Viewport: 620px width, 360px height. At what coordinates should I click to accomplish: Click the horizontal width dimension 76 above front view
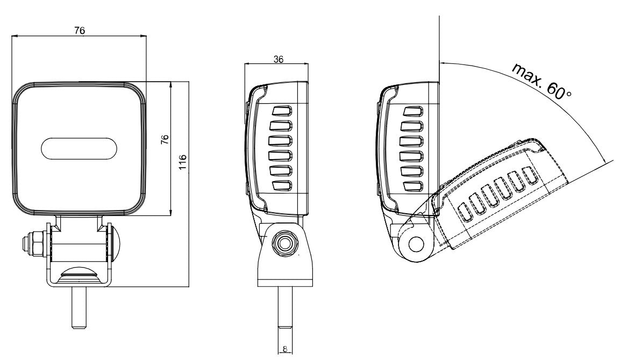point(79,31)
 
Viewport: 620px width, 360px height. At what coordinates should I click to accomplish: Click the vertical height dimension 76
point(166,140)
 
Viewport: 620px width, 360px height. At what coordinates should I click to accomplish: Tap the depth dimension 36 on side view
point(278,59)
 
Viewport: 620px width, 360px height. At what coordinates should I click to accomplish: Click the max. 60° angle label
point(541,81)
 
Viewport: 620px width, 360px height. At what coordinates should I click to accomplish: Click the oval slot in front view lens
point(79,149)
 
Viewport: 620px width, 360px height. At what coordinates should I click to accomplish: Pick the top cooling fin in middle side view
point(282,111)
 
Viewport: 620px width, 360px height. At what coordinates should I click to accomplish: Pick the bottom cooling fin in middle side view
point(282,186)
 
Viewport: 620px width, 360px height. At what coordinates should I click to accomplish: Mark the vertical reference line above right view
point(439,38)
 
